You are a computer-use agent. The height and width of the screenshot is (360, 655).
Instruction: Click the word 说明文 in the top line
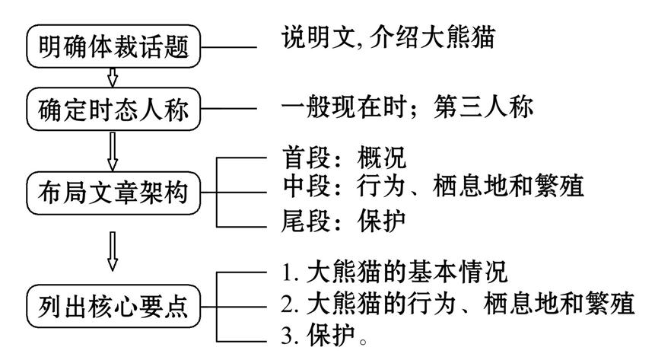[308, 38]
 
